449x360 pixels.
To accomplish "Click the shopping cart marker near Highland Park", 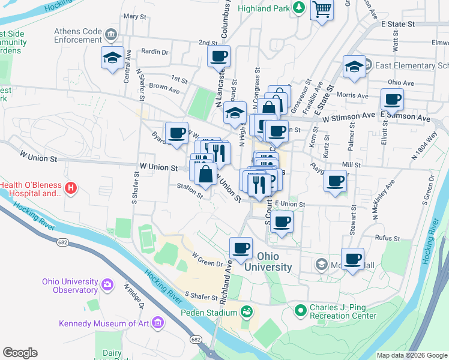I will pyautogui.click(x=322, y=10).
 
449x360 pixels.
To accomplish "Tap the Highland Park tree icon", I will pyautogui.click(x=299, y=8).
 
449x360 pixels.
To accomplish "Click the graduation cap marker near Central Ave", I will pyautogui.click(x=112, y=58).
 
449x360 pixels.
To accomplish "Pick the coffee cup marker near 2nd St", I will pyautogui.click(x=218, y=56).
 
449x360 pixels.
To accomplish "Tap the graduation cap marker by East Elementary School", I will pyautogui.click(x=354, y=67).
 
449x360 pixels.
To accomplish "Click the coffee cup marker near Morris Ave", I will pyautogui.click(x=393, y=99).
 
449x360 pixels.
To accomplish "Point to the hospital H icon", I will pyautogui.click(x=71, y=189).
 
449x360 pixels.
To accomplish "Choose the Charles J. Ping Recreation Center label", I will pyautogui.click(x=342, y=312).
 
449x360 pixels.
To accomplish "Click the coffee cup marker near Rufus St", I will pyautogui.click(x=353, y=259).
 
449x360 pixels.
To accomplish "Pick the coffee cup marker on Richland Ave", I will pyautogui.click(x=241, y=248).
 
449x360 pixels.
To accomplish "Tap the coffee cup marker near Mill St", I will pyautogui.click(x=335, y=180).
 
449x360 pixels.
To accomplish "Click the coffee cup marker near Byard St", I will pyautogui.click(x=176, y=133).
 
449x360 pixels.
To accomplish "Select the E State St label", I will pyautogui.click(x=398, y=24).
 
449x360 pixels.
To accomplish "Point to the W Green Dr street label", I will pyautogui.click(x=203, y=259).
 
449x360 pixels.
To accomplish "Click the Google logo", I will pyautogui.click(x=20, y=353).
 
